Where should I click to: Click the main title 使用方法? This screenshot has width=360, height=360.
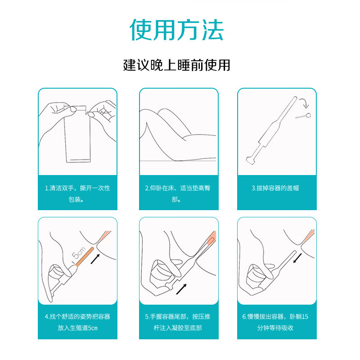[177, 30]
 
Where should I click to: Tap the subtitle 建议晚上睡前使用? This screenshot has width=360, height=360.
[177, 66]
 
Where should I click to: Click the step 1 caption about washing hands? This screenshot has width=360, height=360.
[77, 193]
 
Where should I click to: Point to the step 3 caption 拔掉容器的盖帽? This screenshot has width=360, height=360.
[275, 188]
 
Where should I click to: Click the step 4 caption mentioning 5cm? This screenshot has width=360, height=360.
[77, 322]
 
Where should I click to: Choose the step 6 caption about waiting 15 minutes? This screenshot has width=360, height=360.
[275, 322]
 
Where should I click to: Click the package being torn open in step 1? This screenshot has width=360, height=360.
[77, 135]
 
